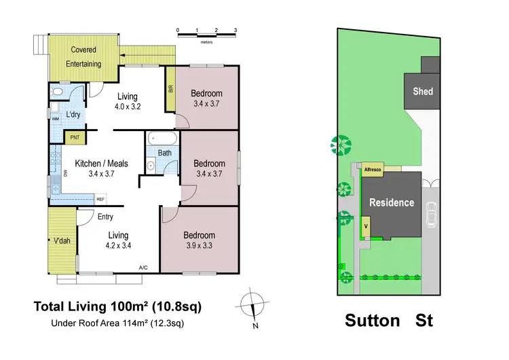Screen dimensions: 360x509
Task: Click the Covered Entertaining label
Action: tap(84, 57)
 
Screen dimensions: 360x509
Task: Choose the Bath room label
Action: tap(165, 153)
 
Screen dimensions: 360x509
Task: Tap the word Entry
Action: tap(106, 217)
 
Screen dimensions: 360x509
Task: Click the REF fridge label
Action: tap(100, 199)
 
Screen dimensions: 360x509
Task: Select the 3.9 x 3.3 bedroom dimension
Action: tap(200, 246)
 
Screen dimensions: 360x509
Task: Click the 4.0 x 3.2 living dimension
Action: tap(128, 107)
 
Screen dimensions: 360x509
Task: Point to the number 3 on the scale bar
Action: tap(235, 31)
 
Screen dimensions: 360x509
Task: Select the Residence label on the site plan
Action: tap(391, 202)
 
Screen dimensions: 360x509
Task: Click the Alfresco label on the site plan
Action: tap(373, 168)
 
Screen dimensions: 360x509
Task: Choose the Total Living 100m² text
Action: tap(117, 306)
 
